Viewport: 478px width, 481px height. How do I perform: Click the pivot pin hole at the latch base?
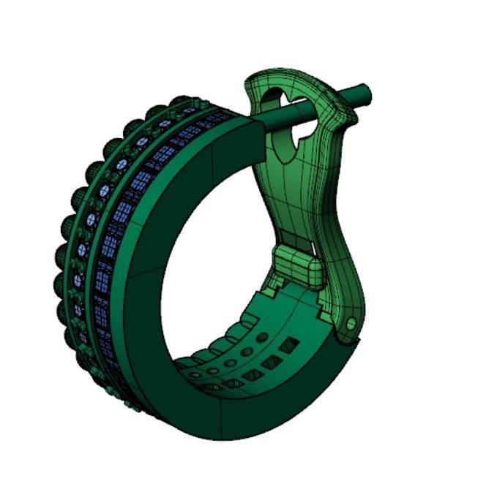[x=351, y=322]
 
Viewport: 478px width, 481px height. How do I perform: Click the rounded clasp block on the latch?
[x=296, y=265]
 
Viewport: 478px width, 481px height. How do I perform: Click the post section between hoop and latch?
[x=285, y=115]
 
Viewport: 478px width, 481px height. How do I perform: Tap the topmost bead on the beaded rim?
[x=179, y=102]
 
